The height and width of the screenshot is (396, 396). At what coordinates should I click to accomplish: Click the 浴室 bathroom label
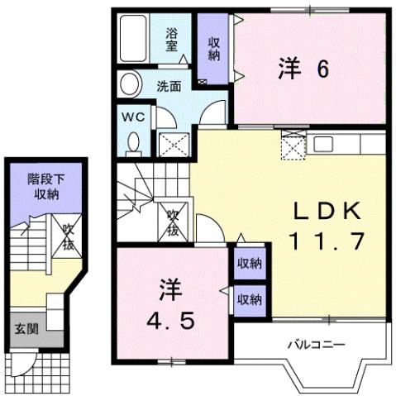172,40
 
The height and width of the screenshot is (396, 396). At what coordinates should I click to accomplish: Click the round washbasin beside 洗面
128,84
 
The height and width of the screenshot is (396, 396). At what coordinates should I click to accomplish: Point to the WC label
135,117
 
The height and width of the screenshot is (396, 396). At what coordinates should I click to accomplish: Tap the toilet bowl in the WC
134,144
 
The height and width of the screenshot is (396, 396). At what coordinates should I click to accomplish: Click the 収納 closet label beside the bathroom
214,49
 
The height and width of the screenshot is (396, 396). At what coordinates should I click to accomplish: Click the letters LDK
327,212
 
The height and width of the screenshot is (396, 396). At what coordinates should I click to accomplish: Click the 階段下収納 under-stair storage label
45,187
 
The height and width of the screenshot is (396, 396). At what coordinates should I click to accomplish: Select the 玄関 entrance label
26,329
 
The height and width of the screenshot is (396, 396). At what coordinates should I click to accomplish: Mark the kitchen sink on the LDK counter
323,146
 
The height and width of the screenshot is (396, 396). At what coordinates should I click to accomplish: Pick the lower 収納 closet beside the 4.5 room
250,298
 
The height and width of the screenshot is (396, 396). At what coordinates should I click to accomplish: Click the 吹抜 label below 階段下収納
65,238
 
